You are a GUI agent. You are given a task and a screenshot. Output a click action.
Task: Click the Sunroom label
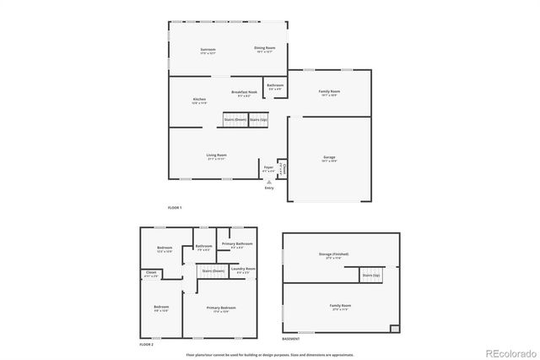208,49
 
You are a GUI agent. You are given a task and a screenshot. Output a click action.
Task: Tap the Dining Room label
265,48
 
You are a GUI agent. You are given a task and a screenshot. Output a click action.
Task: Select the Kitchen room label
200,100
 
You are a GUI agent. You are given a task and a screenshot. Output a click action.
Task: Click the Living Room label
217,155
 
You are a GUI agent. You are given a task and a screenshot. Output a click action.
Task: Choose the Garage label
328,157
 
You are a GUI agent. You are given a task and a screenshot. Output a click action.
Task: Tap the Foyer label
268,168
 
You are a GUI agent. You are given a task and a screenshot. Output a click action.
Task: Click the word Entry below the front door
269,188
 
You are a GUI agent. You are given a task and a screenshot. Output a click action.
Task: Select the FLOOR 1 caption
175,207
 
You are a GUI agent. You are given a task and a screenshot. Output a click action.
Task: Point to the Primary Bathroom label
234,244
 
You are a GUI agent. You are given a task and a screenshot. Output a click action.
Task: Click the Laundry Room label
244,269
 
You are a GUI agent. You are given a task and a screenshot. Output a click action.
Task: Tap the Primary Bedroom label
221,308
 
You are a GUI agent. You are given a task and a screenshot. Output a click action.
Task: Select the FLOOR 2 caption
147,345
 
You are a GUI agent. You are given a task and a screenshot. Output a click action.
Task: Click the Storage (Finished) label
334,254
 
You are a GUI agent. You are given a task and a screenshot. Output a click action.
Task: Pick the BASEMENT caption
290,338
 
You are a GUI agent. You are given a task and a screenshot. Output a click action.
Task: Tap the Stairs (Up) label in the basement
370,275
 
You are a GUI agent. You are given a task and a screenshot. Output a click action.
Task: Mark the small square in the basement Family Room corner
394,327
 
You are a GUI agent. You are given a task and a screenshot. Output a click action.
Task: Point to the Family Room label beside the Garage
329,91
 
